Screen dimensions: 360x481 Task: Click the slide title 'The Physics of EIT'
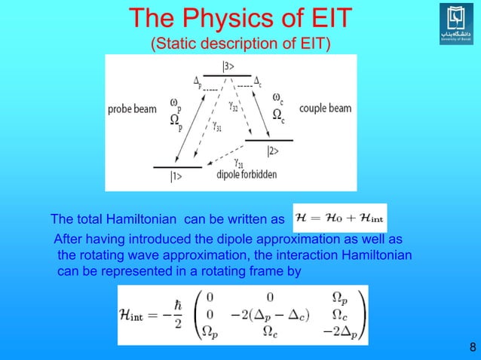pyautogui.click(x=240, y=19)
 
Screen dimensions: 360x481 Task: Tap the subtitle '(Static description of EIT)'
pyautogui.click(x=240, y=43)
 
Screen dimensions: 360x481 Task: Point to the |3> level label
pyautogui.click(x=227, y=66)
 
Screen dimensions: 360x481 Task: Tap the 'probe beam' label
pyautogui.click(x=131, y=110)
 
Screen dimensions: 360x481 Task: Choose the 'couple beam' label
pyautogui.click(x=326, y=108)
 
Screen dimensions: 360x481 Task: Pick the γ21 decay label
pyautogui.click(x=238, y=163)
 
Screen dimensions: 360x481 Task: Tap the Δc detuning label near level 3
pyautogui.click(x=257, y=81)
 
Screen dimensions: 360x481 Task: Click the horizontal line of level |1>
pyautogui.click(x=177, y=166)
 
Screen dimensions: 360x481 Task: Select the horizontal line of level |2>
pyautogui.click(x=270, y=141)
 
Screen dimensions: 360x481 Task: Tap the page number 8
pyautogui.click(x=472, y=347)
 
